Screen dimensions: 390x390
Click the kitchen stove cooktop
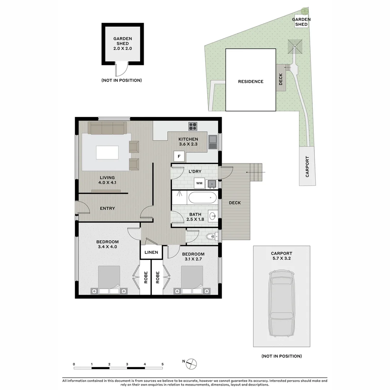point(193,126)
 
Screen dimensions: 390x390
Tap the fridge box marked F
point(179,156)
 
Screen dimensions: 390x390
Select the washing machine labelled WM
point(199,183)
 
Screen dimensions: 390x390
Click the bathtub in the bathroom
point(203,198)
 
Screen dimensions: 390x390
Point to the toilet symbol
point(211,237)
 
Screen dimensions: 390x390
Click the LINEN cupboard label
point(151,252)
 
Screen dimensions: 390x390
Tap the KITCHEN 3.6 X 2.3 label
point(188,142)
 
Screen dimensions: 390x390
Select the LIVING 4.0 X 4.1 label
point(107,180)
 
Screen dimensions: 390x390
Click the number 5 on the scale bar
point(162,364)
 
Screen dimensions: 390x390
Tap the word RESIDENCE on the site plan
point(251,82)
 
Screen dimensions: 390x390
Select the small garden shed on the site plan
point(301,22)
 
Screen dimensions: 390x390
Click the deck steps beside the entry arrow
point(256,172)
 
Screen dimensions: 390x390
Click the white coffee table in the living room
point(107,152)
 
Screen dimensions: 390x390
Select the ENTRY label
point(107,208)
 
